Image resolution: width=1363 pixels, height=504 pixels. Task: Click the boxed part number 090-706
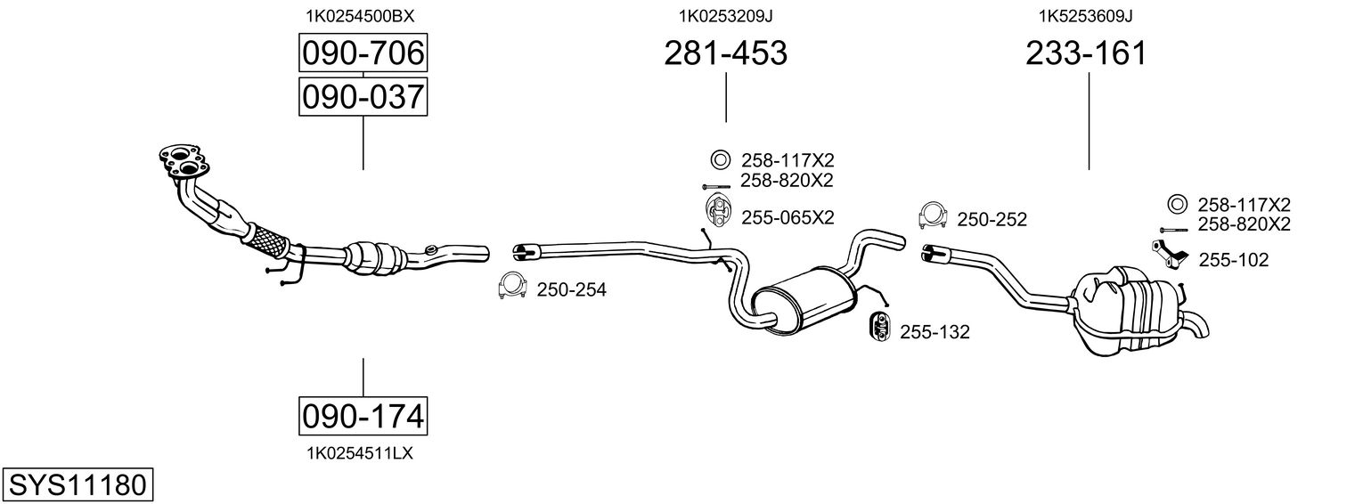pyautogui.click(x=363, y=53)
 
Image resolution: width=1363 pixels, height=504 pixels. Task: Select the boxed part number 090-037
pyautogui.click(x=363, y=97)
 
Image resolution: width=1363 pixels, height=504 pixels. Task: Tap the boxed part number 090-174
pyautogui.click(x=363, y=416)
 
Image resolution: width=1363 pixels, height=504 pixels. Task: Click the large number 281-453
pyautogui.click(x=725, y=53)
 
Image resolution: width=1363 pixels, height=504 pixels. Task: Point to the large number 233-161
pyautogui.click(x=1086, y=53)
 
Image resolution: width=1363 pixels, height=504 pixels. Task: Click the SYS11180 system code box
pyautogui.click(x=78, y=484)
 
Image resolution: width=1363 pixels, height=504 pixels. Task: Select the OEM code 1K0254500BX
pyautogui.click(x=360, y=16)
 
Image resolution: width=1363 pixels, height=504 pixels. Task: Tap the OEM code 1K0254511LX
pyautogui.click(x=360, y=453)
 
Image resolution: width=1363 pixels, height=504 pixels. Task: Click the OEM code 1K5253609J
pyautogui.click(x=1086, y=16)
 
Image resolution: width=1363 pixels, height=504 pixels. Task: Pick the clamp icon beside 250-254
pyautogui.click(x=511, y=286)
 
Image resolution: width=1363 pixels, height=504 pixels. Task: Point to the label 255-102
pyautogui.click(x=1234, y=260)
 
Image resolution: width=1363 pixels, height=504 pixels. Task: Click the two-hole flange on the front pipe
pyautogui.click(x=184, y=161)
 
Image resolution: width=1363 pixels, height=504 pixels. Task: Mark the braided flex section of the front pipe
pyautogui.click(x=266, y=240)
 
